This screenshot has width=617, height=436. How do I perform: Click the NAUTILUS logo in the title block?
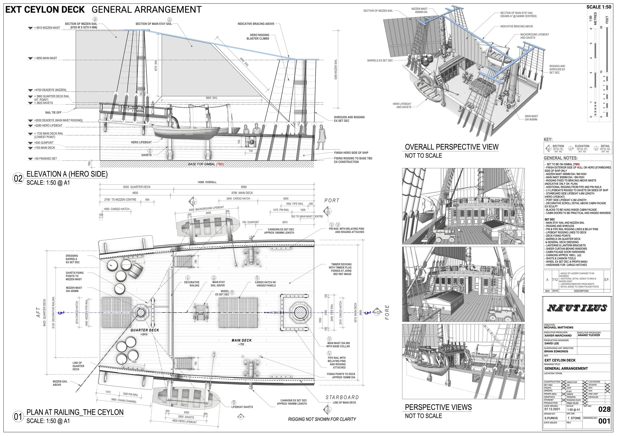pyautogui.click(x=577, y=308)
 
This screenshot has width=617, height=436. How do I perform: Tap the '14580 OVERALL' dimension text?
pyautogui.click(x=207, y=182)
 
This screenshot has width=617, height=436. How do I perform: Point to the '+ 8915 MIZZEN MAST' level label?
pyautogui.click(x=47, y=28)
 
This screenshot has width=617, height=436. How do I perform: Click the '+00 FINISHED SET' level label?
pyautogui.click(x=45, y=159)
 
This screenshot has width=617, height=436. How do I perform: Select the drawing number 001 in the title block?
pyautogui.click(x=604, y=421)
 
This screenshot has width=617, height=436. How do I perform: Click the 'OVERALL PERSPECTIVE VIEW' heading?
pyautogui.click(x=451, y=147)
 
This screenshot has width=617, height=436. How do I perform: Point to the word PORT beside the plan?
pyautogui.click(x=332, y=200)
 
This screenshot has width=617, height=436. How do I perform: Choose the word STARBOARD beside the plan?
pyautogui.click(x=342, y=397)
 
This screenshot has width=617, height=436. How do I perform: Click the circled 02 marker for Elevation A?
pyautogui.click(x=18, y=178)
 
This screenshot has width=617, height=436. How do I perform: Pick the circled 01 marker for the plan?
pyautogui.click(x=18, y=417)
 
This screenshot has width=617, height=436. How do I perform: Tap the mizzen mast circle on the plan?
pyautogui.click(x=140, y=312)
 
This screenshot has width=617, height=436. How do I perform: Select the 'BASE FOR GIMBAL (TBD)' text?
pyautogui.click(x=206, y=164)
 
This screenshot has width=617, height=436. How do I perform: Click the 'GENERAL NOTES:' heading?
pyautogui.click(x=560, y=158)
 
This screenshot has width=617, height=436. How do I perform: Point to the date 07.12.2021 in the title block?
pyautogui.click(x=552, y=409)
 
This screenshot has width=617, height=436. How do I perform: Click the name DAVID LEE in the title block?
pyautogui.click(x=551, y=343)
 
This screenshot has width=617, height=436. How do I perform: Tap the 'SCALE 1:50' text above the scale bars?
pyautogui.click(x=598, y=7)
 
